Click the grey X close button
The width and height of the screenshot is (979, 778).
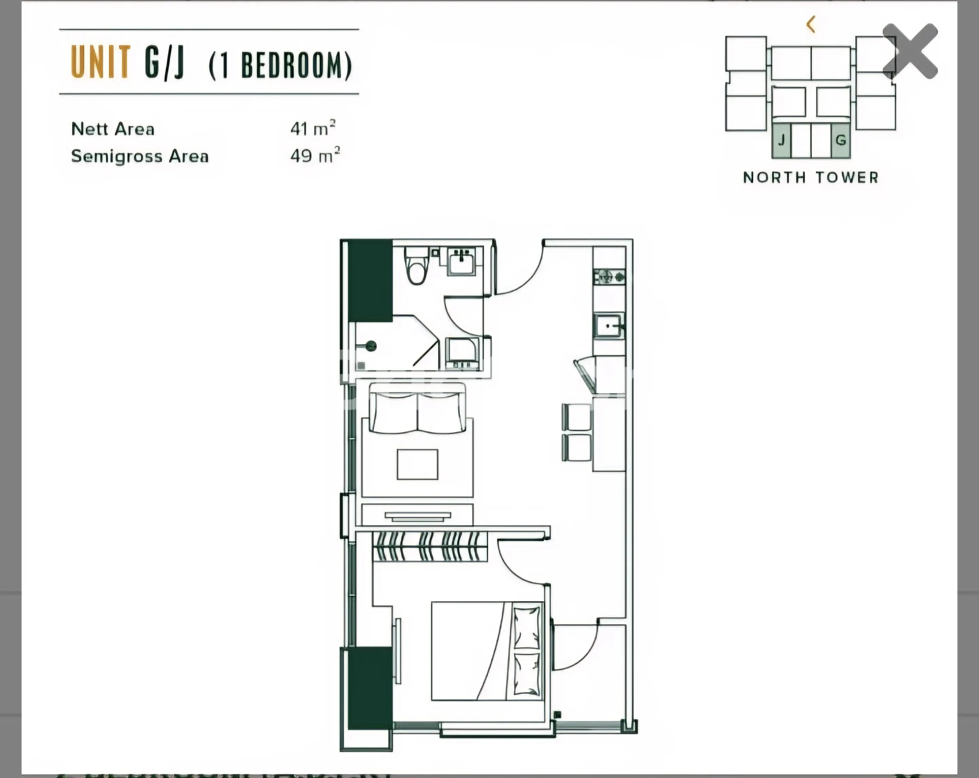point(910,51)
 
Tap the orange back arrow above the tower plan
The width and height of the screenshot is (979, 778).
point(811,24)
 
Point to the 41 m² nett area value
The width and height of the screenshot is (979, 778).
point(313,129)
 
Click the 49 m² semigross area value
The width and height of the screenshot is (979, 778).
point(315,156)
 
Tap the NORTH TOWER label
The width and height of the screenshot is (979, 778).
point(810,177)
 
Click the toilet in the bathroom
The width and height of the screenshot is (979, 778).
point(417,266)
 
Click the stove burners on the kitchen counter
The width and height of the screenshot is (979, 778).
point(609,276)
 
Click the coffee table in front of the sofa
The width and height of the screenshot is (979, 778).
point(417,464)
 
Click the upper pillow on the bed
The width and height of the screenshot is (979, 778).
point(527,627)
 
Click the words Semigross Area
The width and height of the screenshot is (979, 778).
point(140,156)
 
